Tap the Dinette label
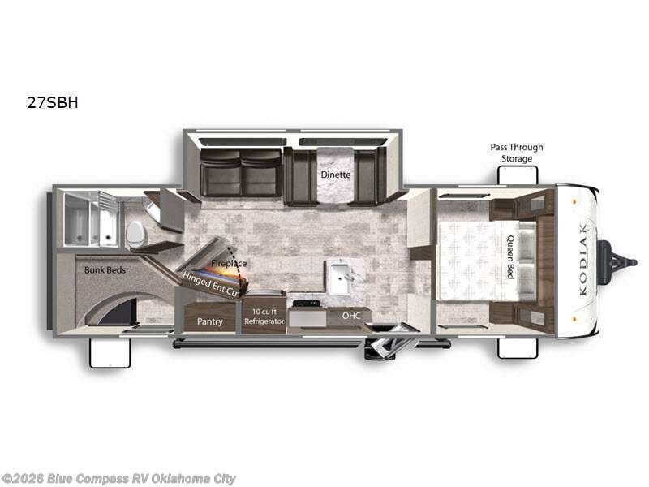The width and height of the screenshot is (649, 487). coord(334,174)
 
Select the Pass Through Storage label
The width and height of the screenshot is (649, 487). coord(516,153)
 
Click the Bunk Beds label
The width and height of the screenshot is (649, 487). coord(105,269)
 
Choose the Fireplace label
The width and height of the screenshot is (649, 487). coord(229,264)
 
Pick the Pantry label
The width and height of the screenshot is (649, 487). coord(210,321)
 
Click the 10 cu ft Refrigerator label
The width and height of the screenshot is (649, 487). coord(264,317)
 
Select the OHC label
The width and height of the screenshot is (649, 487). coord(350,316)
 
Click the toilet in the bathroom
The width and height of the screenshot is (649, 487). coord(136,233)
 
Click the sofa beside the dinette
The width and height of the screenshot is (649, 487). coord(240,173)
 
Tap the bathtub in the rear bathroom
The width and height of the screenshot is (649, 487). coord(91,220)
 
